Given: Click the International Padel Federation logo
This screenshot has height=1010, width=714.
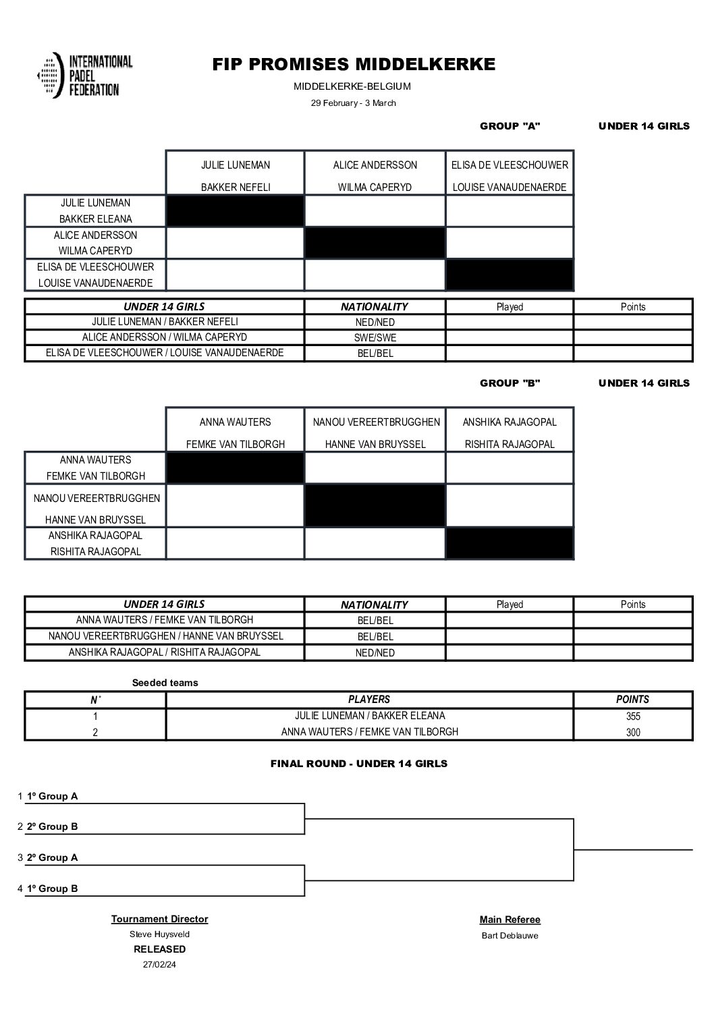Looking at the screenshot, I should click(x=85, y=76).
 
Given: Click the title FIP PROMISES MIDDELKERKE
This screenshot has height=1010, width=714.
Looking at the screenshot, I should click(x=354, y=64).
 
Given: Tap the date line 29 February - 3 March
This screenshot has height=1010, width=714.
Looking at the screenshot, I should click(x=353, y=103).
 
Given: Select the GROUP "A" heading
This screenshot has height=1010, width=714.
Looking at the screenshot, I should click(x=510, y=126).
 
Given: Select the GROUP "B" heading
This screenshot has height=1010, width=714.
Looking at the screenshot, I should click(x=510, y=383).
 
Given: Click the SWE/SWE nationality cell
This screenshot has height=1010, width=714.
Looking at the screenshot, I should click(x=375, y=337).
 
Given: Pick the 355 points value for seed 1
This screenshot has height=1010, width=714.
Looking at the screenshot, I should click(x=632, y=717).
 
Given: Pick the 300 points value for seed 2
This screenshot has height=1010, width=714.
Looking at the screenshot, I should click(x=632, y=732).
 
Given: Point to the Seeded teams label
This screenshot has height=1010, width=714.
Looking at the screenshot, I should click(x=165, y=683).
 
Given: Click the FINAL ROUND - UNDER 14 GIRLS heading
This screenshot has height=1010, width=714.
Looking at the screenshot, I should click(x=358, y=764).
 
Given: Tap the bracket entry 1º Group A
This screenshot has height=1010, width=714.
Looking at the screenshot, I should click(x=52, y=796).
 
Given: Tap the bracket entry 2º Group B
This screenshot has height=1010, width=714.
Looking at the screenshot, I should click(x=52, y=826).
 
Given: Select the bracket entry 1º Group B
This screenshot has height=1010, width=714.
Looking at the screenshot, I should click(x=52, y=889).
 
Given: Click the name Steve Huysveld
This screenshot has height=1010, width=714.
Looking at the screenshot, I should click(x=159, y=934).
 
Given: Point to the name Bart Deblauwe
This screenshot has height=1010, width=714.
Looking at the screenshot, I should click(x=510, y=936).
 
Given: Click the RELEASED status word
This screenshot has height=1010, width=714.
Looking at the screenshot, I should click(x=159, y=949).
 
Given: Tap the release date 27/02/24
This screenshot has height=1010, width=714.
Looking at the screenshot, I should click(x=159, y=965).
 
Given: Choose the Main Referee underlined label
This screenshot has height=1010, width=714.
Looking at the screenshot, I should click(x=510, y=920).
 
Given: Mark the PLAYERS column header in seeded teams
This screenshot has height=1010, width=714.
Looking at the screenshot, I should click(x=369, y=700).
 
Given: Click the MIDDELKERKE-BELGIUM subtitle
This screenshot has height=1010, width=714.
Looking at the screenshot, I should click(x=352, y=86).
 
